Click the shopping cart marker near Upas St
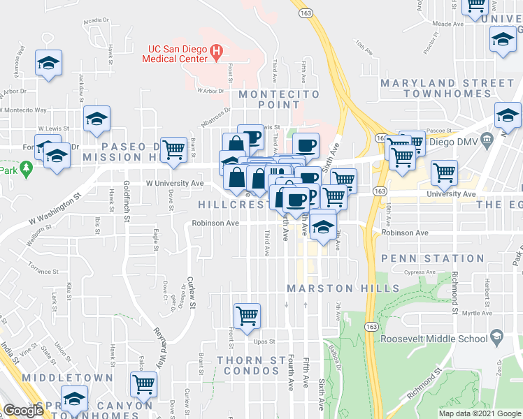coord(247,316)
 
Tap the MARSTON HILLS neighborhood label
coord(342,288)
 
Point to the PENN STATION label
coord(433,258)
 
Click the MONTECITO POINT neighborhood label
coord(279,99)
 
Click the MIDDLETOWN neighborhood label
coord(66,377)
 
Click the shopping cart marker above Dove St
coord(173,149)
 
